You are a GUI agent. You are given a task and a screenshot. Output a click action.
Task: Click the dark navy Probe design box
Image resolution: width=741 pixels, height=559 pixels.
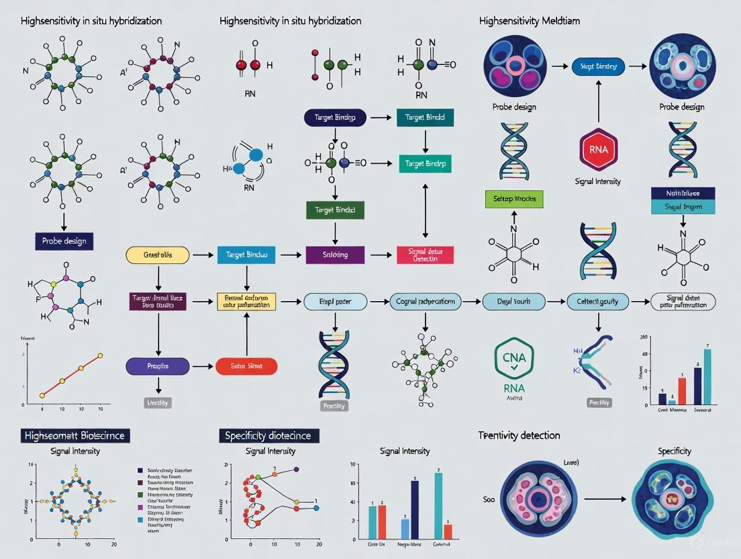[x=64, y=240]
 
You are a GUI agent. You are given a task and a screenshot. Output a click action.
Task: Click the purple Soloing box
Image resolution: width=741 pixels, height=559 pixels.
[x=335, y=255]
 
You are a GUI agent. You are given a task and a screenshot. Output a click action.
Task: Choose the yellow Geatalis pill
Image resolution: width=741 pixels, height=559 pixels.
[x=158, y=255]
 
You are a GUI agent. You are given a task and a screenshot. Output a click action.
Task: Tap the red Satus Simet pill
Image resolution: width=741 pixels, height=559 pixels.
[x=246, y=366]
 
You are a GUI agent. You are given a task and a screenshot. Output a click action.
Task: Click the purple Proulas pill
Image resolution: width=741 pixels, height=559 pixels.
[x=158, y=366]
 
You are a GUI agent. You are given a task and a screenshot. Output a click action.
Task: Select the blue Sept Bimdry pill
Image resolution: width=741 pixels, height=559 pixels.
[x=599, y=67]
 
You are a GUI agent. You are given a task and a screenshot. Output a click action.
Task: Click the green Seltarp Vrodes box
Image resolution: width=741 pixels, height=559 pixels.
[x=514, y=199]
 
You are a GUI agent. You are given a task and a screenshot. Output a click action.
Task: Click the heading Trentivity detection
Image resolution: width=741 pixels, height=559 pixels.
[x=519, y=435]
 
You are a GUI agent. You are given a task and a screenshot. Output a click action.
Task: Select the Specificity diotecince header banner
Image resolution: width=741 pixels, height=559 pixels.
[x=269, y=435]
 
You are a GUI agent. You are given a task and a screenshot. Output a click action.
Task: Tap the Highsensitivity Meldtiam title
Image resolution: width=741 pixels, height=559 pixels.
[x=530, y=21]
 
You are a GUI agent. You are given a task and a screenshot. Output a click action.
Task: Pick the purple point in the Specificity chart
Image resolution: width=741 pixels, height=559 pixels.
[x=296, y=470]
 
